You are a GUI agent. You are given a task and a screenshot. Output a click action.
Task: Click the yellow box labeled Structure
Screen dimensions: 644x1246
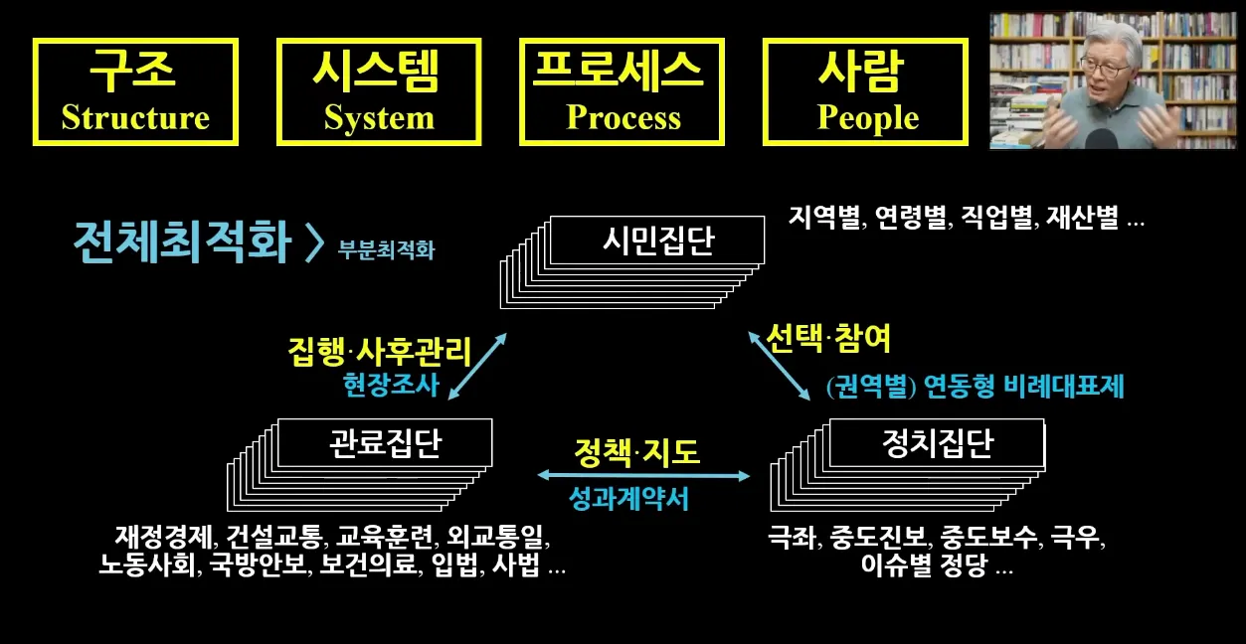[x=135, y=91]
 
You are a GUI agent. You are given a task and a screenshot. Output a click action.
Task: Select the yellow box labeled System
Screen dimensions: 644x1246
[x=379, y=91]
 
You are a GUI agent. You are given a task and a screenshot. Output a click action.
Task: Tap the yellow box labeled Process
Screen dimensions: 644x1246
[x=623, y=91]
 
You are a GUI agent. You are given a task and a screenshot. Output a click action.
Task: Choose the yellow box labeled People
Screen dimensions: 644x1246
[x=866, y=91]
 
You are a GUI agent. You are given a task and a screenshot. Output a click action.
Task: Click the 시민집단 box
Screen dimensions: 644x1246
[x=657, y=241]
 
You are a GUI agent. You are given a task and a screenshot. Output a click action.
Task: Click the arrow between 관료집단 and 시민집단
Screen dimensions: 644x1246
[x=477, y=367]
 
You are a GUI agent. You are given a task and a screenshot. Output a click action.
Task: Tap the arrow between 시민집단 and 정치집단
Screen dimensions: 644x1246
[x=780, y=367]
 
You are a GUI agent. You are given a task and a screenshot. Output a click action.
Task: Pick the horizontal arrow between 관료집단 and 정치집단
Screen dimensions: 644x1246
[x=643, y=476]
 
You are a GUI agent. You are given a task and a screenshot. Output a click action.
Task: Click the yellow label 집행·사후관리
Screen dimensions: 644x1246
[x=379, y=352]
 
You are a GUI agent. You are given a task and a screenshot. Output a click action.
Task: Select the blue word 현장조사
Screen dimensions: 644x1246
[x=391, y=386]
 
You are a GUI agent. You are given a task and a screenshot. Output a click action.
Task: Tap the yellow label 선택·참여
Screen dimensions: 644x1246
[x=828, y=339]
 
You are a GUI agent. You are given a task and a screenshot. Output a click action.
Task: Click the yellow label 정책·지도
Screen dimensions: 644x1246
[x=636, y=452]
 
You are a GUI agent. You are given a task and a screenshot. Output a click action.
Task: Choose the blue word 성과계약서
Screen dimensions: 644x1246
[x=628, y=498]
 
